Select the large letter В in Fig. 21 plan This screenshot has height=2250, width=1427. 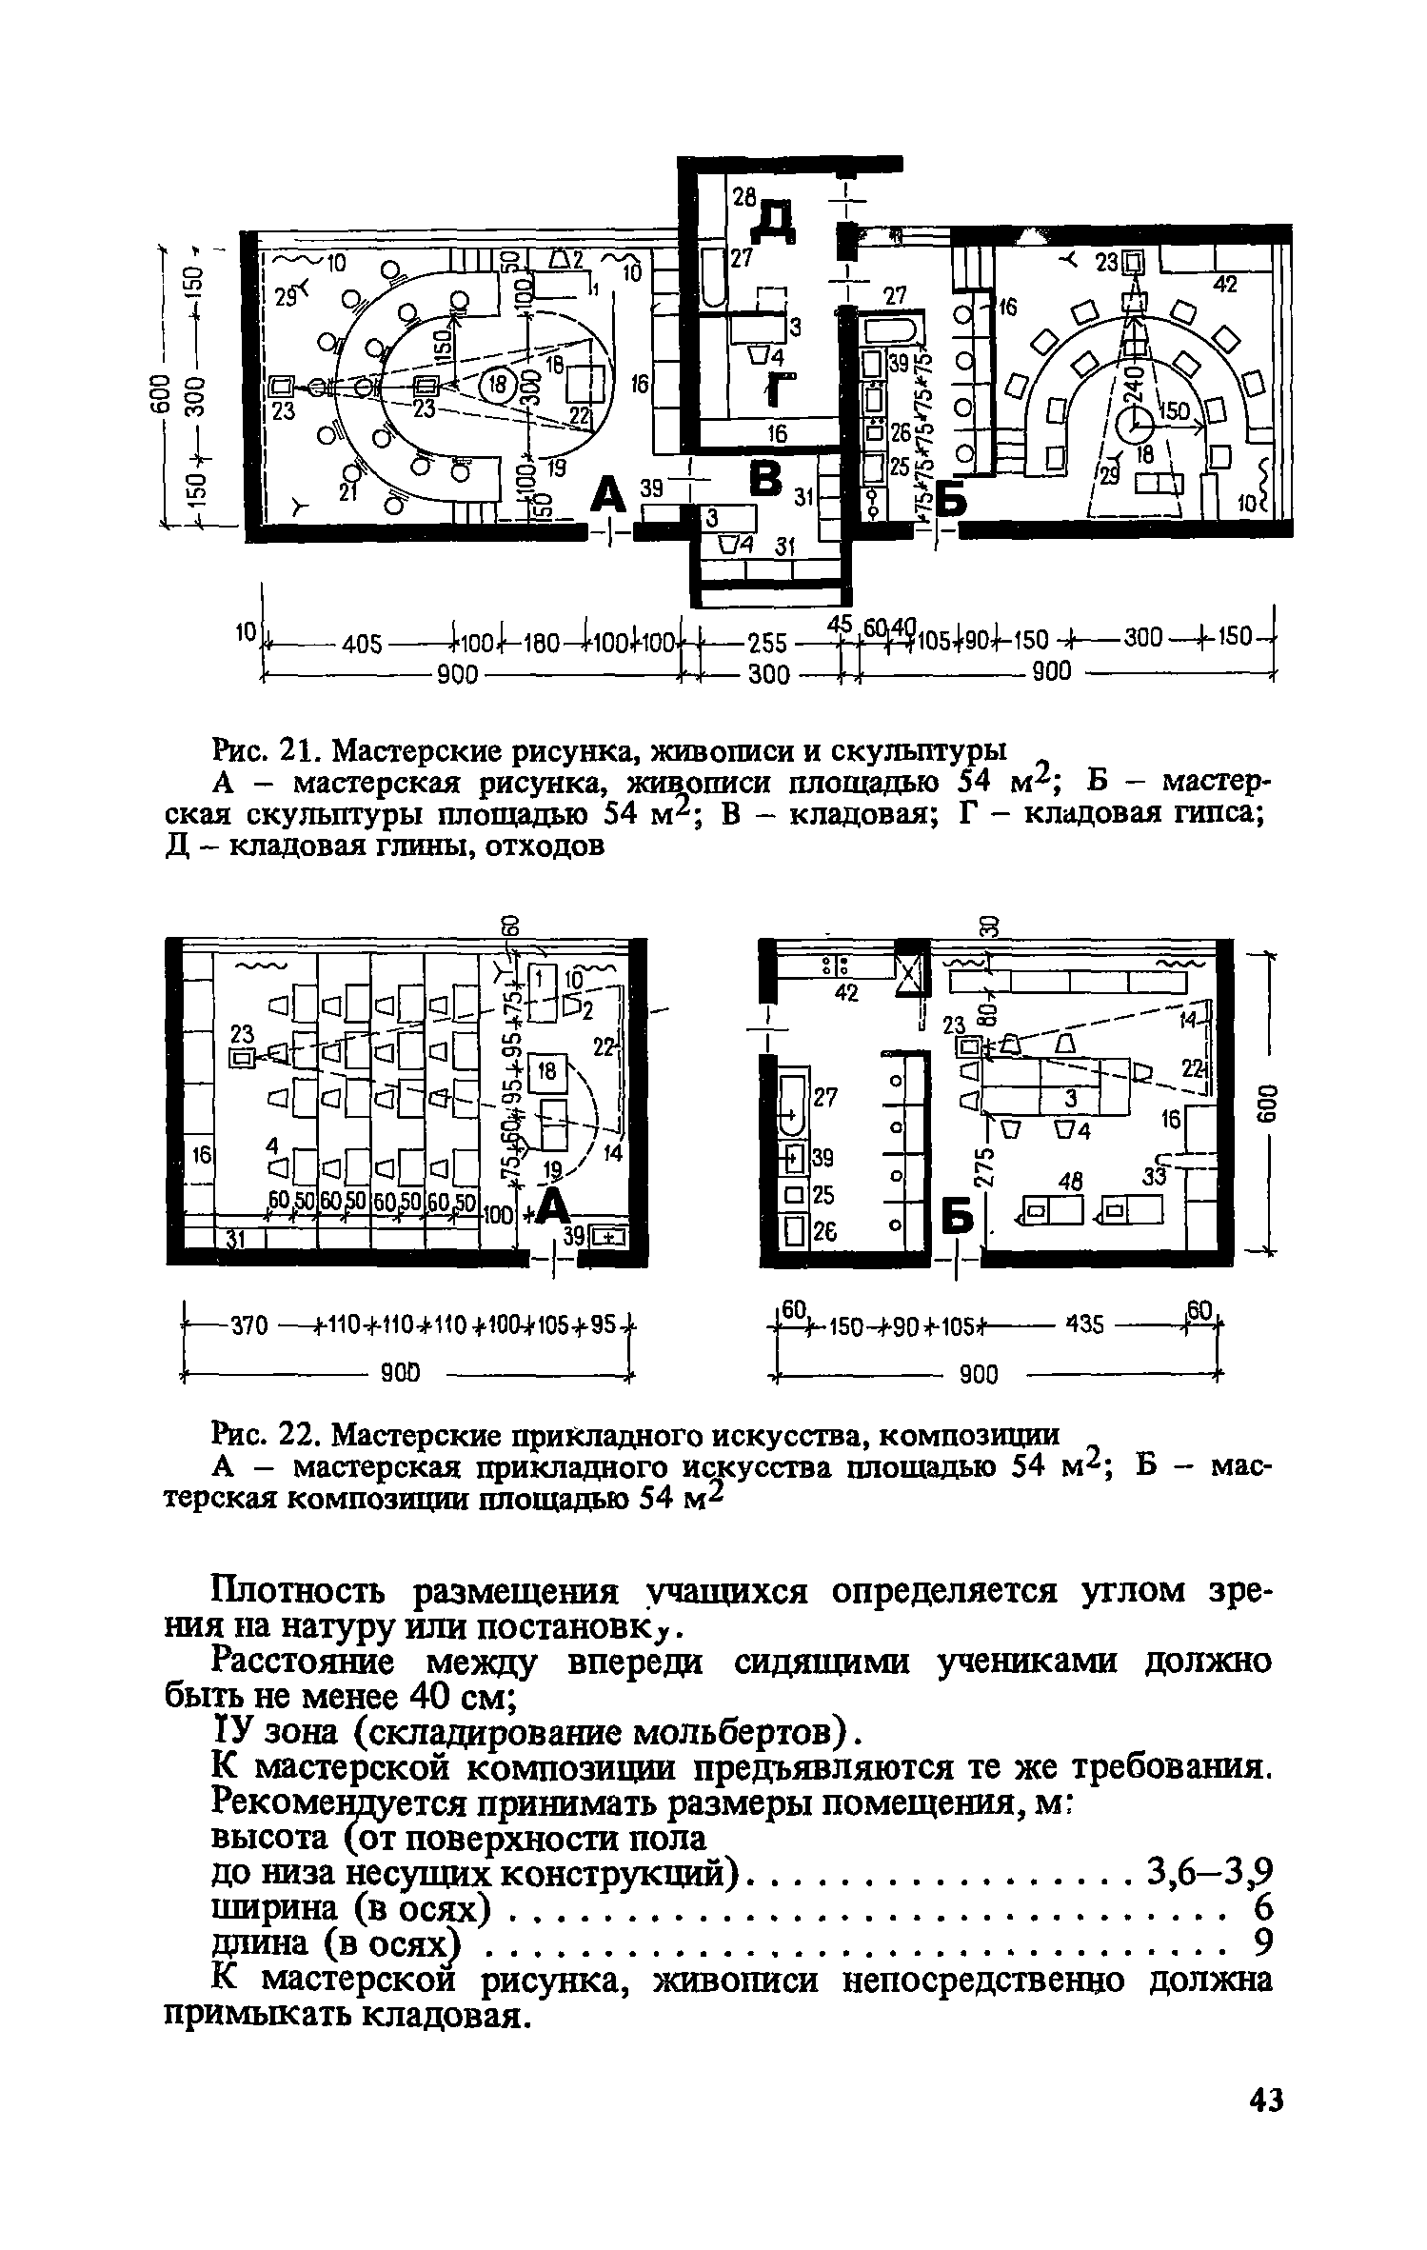(765, 476)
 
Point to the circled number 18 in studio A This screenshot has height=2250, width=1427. (496, 387)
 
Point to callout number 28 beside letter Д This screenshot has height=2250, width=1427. (743, 197)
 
